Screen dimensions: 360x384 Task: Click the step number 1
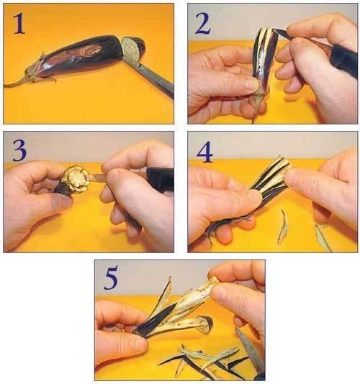(19, 24)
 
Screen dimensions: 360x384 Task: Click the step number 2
(202, 24)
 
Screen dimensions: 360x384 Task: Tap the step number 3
(19, 151)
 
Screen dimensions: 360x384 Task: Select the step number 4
(204, 152)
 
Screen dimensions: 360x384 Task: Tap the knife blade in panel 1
(150, 76)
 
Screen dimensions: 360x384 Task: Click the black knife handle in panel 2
(343, 60)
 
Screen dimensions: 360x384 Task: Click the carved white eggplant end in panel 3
(75, 179)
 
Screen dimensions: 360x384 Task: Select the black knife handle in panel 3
(161, 178)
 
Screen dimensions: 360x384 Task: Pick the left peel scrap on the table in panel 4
(283, 227)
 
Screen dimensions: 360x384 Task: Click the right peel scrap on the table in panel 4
(323, 238)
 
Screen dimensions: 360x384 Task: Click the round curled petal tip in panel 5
(205, 324)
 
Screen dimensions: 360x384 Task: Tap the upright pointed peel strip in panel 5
(165, 294)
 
